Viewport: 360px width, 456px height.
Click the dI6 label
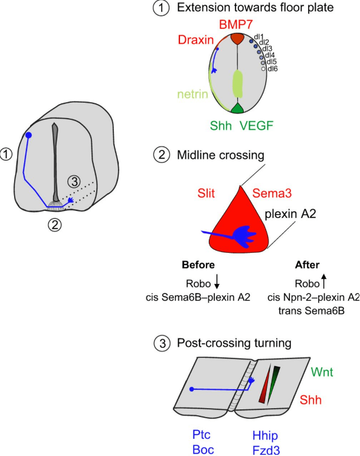click(272, 69)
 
